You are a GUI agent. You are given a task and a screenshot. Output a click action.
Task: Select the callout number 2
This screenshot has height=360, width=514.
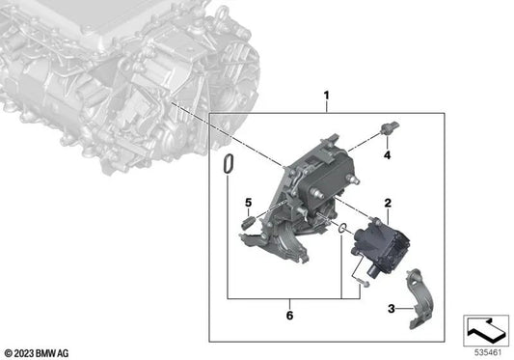[388, 205]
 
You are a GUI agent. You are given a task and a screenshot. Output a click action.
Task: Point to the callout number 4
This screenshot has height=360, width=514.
[388, 154]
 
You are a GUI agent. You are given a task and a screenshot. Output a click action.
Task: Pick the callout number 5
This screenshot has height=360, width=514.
[247, 203]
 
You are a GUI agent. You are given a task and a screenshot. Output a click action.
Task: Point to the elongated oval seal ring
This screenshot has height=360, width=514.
[227, 166]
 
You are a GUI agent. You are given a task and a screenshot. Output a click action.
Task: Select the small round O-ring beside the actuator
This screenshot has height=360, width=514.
[341, 228]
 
